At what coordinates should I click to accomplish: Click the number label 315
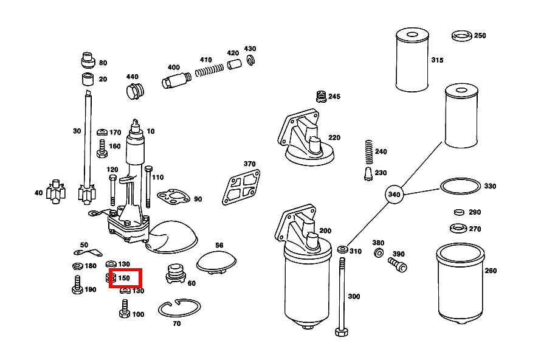tap(437, 60)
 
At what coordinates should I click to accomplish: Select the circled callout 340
tap(394, 195)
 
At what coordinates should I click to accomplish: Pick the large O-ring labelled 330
tap(460, 186)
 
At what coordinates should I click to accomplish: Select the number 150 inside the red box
tap(124, 279)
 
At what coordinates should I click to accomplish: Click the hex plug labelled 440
tap(134, 92)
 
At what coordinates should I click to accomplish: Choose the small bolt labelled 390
tap(397, 264)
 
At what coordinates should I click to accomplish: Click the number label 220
tap(334, 138)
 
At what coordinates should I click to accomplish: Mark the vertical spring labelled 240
tap(367, 151)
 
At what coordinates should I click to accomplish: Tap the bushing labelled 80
tap(88, 61)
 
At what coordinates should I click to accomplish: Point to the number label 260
tap(490, 271)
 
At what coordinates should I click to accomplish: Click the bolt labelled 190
tap(77, 286)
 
